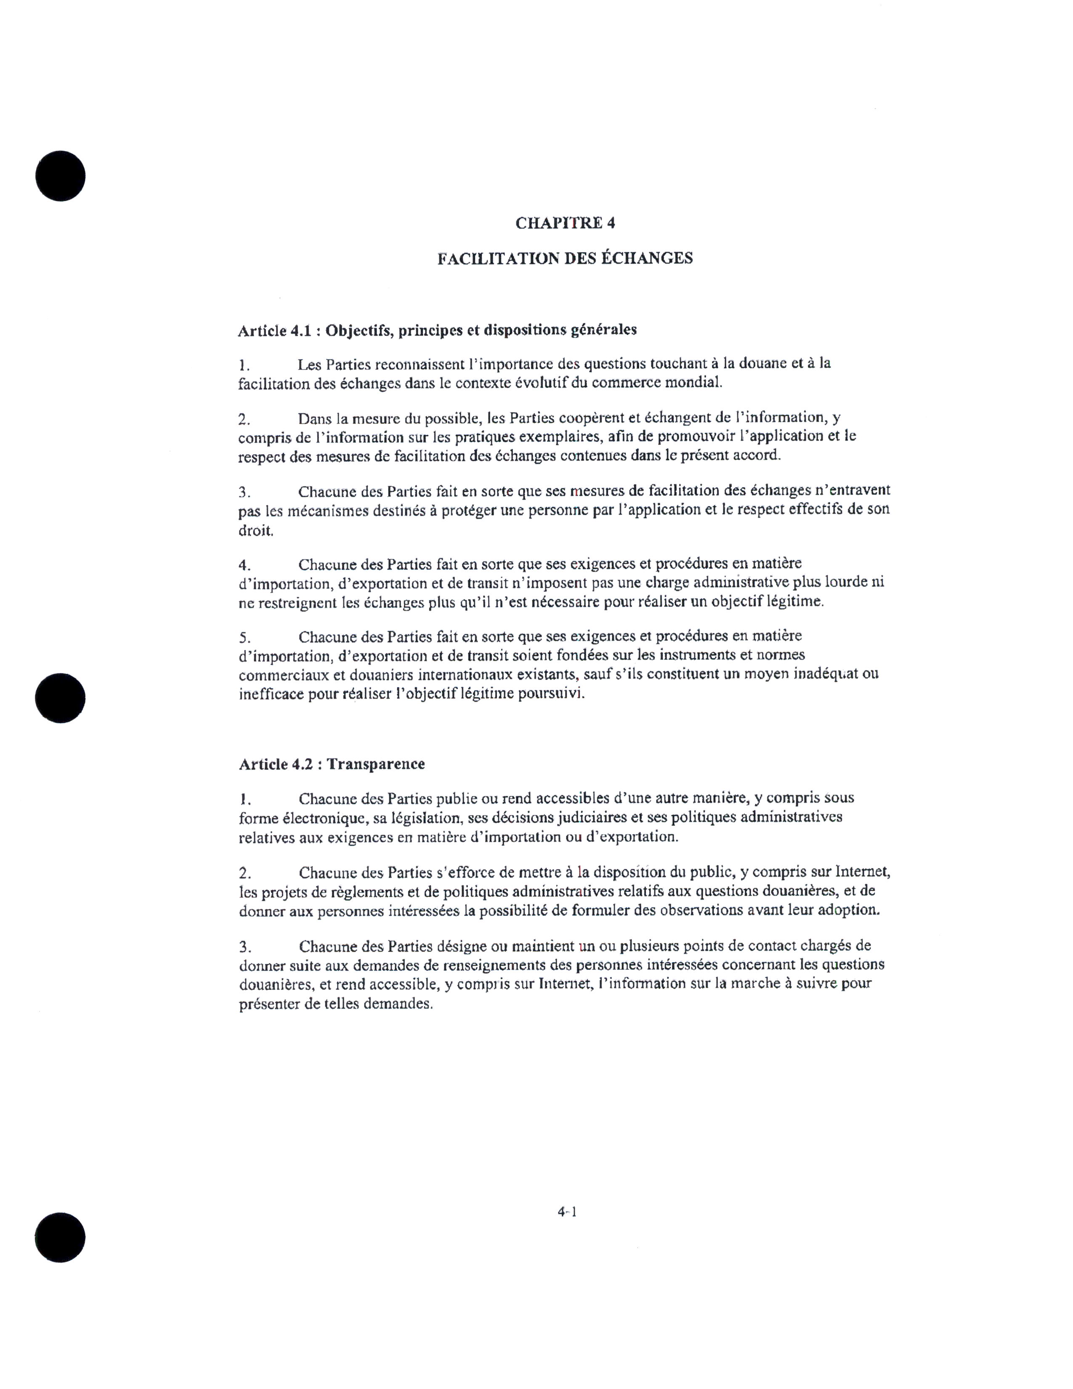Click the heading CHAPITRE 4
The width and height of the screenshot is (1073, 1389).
click(564, 223)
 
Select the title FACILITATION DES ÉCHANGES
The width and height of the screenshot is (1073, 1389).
click(564, 258)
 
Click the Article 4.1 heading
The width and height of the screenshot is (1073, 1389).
click(437, 330)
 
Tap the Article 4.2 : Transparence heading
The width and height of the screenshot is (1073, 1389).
click(332, 764)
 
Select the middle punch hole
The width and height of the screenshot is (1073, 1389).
click(61, 698)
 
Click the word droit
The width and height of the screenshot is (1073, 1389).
click(255, 530)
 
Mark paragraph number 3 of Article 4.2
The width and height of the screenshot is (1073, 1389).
click(245, 947)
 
